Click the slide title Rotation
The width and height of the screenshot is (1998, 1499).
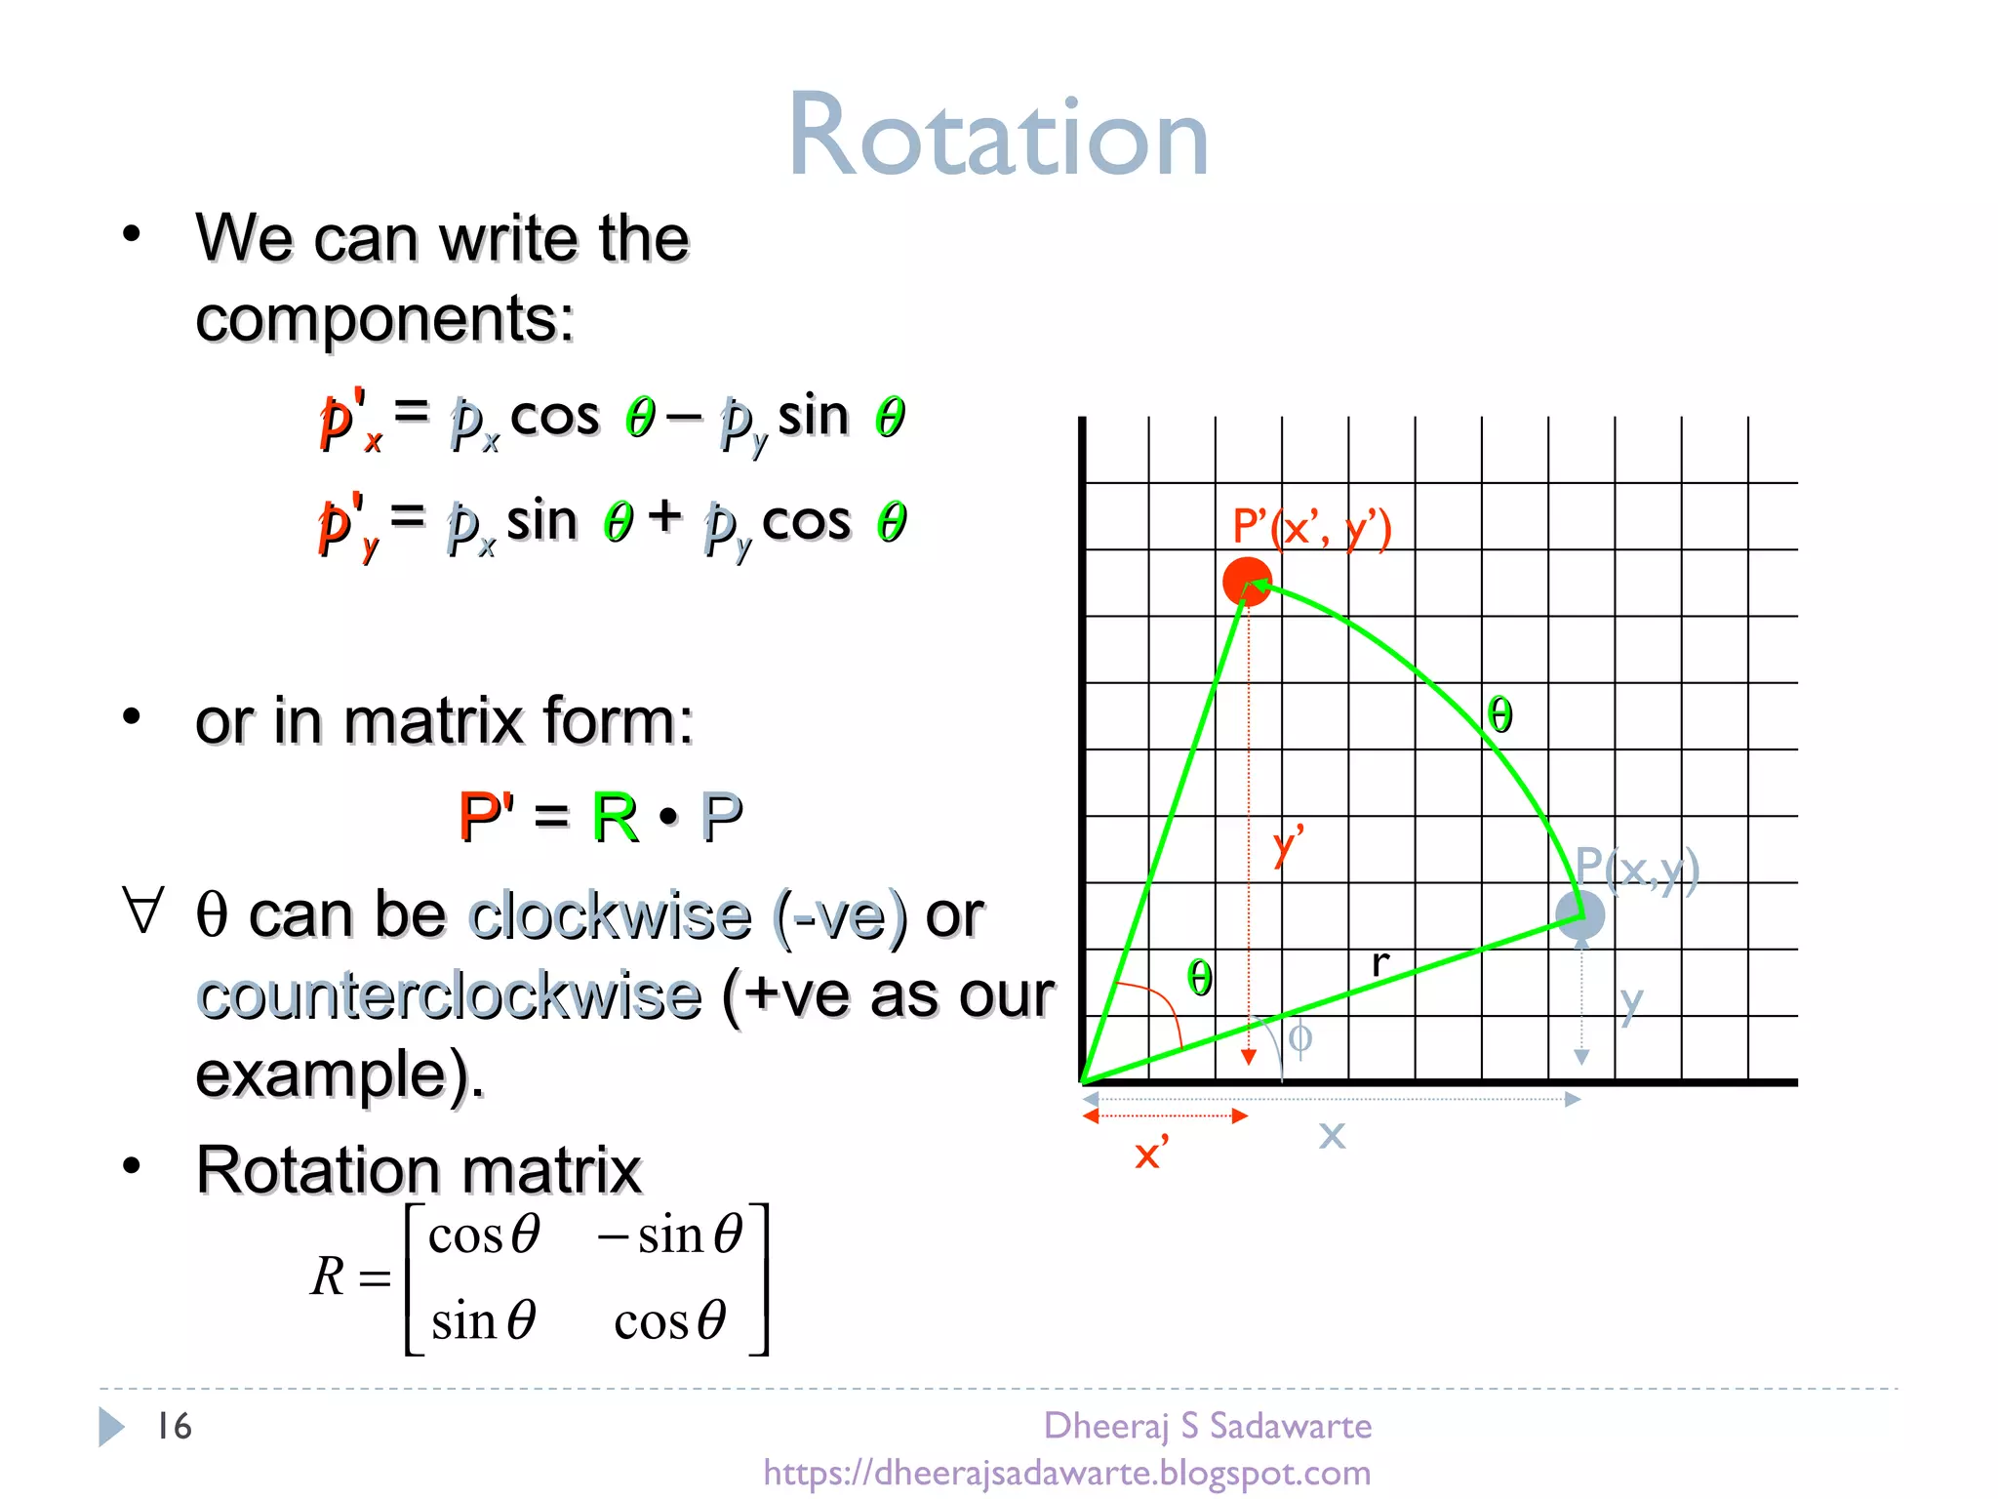(x=998, y=137)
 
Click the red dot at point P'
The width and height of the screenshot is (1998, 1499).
(x=1246, y=583)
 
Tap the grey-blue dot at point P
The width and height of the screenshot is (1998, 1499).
(x=1579, y=915)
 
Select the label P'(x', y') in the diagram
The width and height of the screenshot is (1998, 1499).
(x=1310, y=528)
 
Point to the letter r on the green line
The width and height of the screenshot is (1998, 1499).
(x=1379, y=962)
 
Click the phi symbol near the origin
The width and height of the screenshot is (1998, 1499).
(x=1299, y=1037)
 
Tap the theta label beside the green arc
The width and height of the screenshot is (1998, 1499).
(x=1499, y=714)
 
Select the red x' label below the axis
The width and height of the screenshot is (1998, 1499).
(x=1151, y=1154)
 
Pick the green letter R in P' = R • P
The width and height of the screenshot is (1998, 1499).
(x=615, y=817)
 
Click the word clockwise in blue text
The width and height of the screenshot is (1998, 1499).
(x=610, y=915)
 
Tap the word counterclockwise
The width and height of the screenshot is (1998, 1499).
(x=449, y=996)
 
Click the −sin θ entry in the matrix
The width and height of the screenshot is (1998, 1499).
(x=672, y=1236)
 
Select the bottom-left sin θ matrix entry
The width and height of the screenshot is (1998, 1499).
(x=483, y=1321)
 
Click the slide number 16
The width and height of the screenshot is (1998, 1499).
(x=175, y=1426)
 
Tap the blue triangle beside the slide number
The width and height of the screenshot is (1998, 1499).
(x=111, y=1426)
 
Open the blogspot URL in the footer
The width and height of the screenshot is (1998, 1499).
(x=1066, y=1472)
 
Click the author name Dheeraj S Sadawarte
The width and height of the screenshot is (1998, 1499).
(x=1207, y=1426)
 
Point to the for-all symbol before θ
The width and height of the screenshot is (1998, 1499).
(x=143, y=911)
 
